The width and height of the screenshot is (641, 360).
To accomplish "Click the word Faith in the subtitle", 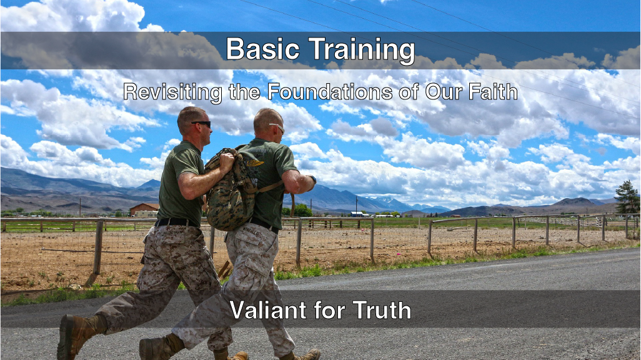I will pyautogui.click(x=493, y=92).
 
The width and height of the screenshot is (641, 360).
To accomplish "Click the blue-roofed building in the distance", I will pyautogui.click(x=359, y=214).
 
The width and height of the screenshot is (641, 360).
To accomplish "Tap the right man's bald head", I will pyautogui.click(x=267, y=119).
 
